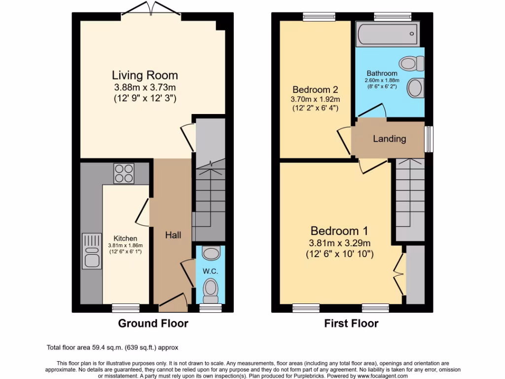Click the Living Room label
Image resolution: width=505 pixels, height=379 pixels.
[x=144, y=76]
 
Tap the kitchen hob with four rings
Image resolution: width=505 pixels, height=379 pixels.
[x=124, y=173]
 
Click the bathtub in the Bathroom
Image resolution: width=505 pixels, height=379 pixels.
[x=388, y=34]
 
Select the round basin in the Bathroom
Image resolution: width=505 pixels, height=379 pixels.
[x=414, y=88]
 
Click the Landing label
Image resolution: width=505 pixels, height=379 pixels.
[x=389, y=139]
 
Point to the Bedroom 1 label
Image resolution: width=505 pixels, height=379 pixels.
[x=339, y=231]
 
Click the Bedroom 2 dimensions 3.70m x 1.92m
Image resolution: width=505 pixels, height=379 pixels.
[x=315, y=99]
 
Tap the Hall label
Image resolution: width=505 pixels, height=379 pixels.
[x=173, y=235]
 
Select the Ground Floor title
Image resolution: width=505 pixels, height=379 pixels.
[x=153, y=324]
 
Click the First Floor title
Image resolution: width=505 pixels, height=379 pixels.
[x=351, y=324]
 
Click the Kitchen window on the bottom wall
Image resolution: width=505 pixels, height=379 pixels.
[x=125, y=308]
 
